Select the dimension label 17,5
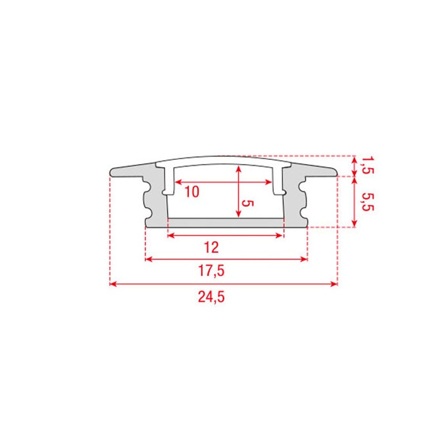[211, 271]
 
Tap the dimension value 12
[211, 246]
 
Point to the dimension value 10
[191, 192]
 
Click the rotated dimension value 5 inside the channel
[249, 204]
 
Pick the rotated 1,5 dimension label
[367, 165]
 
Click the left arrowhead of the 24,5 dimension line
[112, 284]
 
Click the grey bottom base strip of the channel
[226, 223]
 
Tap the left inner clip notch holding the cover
[165, 192]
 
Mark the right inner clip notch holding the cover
[283, 192]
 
